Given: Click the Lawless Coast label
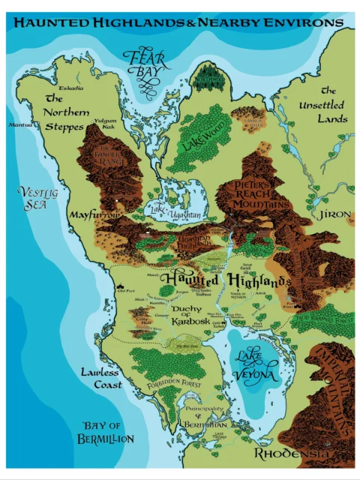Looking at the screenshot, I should (x=101, y=378).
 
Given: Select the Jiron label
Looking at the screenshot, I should (x=334, y=214).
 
